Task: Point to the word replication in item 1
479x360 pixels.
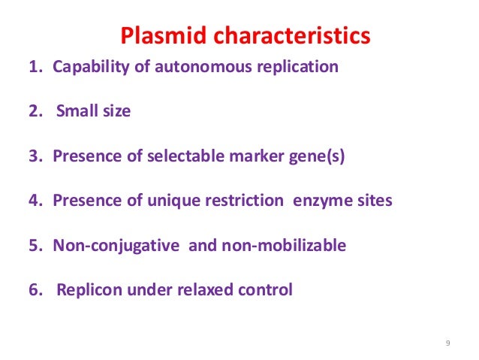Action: point(300,67)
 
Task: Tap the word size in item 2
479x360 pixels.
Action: point(116,112)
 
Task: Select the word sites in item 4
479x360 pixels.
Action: point(375,201)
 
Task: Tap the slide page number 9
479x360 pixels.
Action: point(447,343)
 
